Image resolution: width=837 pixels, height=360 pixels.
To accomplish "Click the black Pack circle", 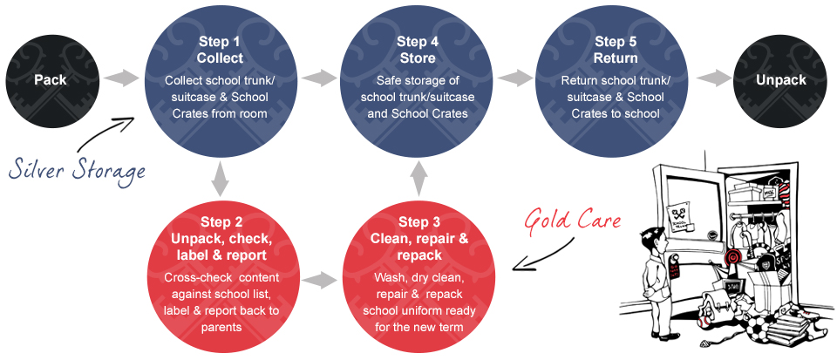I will [x=51, y=80].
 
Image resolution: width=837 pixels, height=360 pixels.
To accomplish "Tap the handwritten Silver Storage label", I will [x=78, y=170].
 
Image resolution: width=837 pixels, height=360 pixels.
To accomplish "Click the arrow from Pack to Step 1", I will [x=122, y=79].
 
